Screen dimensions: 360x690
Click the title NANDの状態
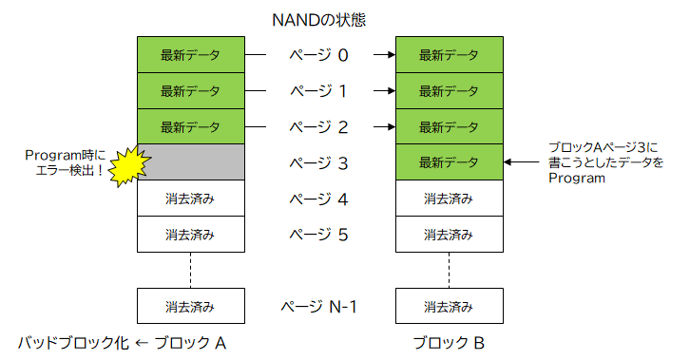click(318, 17)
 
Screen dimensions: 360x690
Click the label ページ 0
click(318, 55)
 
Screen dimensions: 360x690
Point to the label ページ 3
click(318, 163)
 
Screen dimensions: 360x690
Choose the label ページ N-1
click(318, 307)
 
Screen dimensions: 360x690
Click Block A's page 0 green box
click(190, 55)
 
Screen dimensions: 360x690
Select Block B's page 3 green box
click(448, 162)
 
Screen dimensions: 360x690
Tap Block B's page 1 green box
click(448, 91)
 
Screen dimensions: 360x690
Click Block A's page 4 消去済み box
click(190, 199)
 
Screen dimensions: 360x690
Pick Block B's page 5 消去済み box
click(448, 235)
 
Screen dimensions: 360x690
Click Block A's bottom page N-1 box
click(190, 307)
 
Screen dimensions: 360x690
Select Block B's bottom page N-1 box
click(448, 307)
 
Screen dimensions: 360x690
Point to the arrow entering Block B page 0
click(383, 55)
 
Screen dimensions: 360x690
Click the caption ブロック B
click(448, 342)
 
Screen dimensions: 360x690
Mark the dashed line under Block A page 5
click(190, 270)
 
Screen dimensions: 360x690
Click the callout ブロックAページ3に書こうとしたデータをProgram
click(605, 162)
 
